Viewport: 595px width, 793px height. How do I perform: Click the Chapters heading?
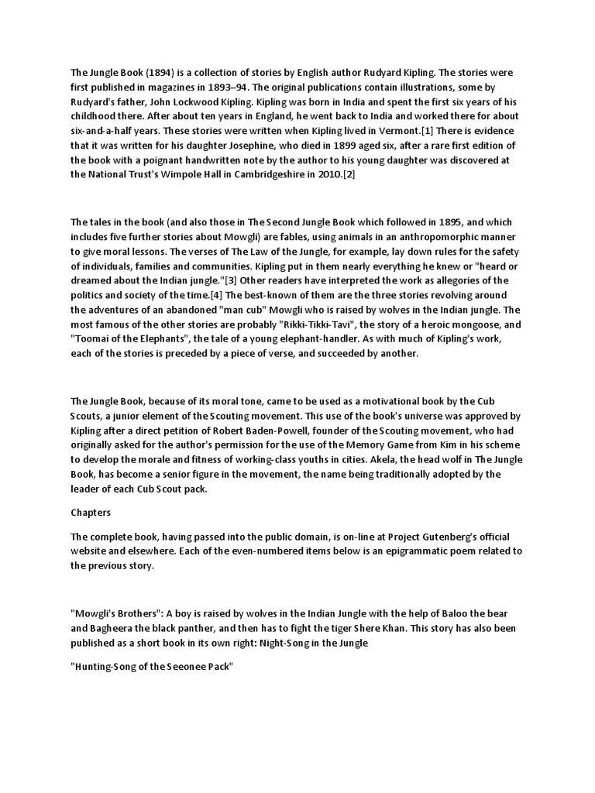(92, 513)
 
